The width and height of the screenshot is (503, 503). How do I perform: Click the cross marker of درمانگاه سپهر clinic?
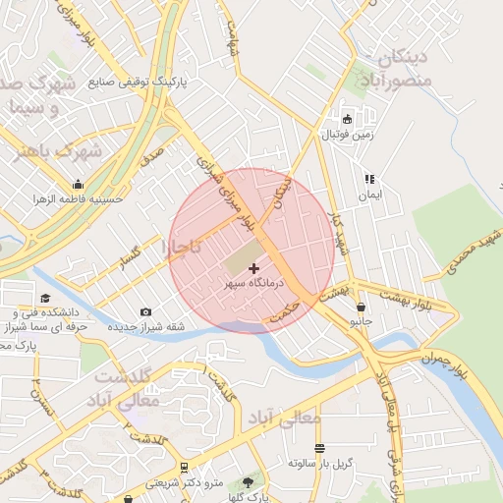(x=254, y=268)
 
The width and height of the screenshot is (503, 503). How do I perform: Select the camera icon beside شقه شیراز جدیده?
(x=146, y=311)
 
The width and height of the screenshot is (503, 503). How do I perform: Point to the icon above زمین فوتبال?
(x=347, y=119)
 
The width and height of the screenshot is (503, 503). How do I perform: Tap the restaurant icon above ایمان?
(x=369, y=180)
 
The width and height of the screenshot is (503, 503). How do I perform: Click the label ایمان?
(x=369, y=195)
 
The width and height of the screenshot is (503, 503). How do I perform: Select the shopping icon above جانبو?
(x=362, y=307)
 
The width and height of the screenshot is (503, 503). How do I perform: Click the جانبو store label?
(x=362, y=321)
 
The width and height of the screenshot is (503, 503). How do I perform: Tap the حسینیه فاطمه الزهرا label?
(x=79, y=197)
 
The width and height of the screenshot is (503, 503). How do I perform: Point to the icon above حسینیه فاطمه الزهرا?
(x=79, y=184)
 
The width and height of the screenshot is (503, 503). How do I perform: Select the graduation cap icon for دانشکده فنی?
(x=44, y=297)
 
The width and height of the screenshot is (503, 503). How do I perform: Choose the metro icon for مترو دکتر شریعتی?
(x=184, y=468)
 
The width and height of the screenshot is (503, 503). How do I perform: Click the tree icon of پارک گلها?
(x=248, y=482)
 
